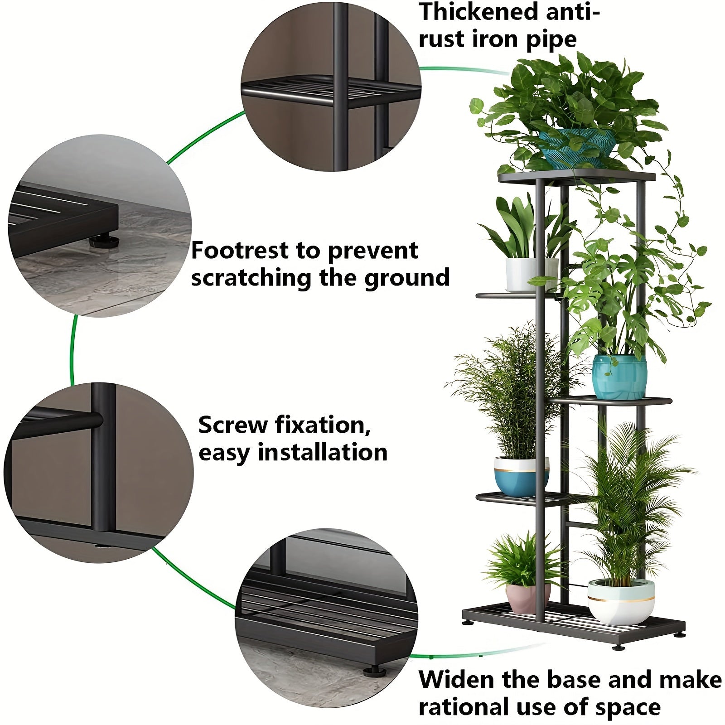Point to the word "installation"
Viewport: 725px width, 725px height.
pos(323,453)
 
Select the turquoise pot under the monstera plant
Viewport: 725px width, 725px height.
pos(619,377)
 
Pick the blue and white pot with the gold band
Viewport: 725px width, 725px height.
pos(521,476)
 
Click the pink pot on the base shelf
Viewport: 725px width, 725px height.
pos(528,597)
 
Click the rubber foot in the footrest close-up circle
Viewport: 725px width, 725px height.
pos(104,241)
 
